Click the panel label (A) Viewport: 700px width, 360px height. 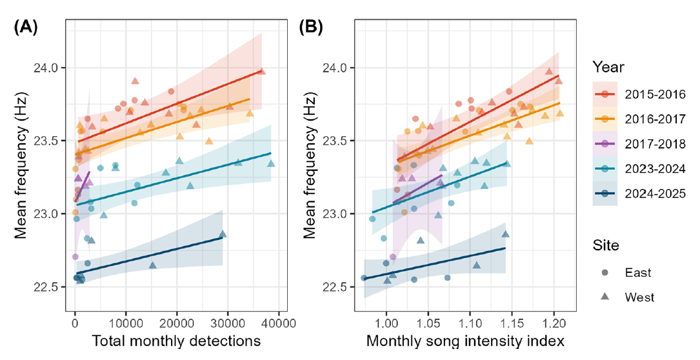[x=25, y=28]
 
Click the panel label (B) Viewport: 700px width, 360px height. [x=310, y=28]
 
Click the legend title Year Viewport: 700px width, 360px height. [x=608, y=66]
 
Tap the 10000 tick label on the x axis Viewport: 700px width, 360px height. [x=126, y=319]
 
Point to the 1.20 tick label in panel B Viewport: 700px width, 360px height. [x=553, y=319]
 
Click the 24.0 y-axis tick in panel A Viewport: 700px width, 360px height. [x=51, y=68]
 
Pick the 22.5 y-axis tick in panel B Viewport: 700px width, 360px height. [x=336, y=286]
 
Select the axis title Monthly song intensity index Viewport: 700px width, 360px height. [x=466, y=341]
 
